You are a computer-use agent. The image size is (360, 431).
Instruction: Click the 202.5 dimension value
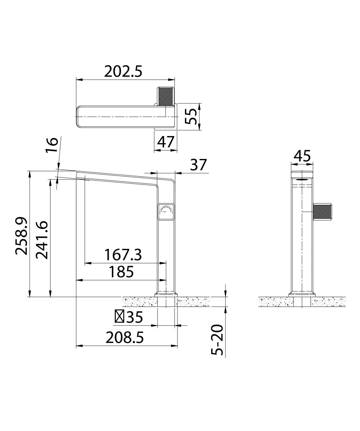[x=123, y=72]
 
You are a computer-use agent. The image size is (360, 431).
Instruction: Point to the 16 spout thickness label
[x=52, y=145]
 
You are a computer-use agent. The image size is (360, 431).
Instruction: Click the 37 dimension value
[x=198, y=165]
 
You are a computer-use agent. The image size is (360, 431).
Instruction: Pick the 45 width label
[x=302, y=156]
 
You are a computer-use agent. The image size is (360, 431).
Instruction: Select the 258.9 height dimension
[x=21, y=236]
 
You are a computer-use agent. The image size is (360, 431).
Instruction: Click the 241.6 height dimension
[x=42, y=240]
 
